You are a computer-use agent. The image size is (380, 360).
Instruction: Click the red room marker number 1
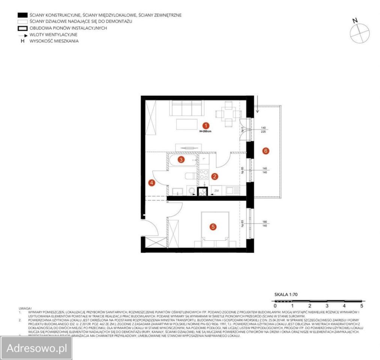[x=205, y=126]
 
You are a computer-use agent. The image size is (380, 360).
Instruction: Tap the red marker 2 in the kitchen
[x=215, y=175]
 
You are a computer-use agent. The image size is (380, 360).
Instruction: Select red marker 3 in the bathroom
[x=181, y=160]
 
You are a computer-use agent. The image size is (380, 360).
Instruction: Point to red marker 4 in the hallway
[x=152, y=183]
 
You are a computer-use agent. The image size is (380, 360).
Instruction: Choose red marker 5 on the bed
[x=213, y=226]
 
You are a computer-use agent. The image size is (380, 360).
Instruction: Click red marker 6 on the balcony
[x=266, y=151]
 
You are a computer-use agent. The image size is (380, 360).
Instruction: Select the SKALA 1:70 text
[x=287, y=295]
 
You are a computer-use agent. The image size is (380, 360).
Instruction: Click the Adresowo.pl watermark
[x=36, y=348]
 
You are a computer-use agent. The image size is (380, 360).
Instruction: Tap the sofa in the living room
[x=186, y=108]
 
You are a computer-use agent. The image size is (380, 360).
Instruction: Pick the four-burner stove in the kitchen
[x=204, y=174]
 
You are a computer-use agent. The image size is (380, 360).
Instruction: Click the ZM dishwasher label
[x=216, y=191]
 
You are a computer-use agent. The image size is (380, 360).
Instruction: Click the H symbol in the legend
[x=23, y=41]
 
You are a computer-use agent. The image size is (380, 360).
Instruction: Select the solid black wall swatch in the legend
[x=23, y=15]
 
